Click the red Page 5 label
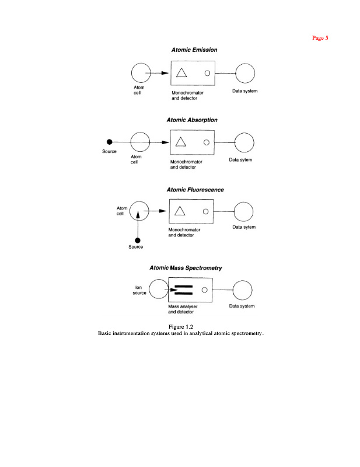[x=320, y=38]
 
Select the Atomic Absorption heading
[x=192, y=120]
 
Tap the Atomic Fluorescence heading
[x=195, y=190]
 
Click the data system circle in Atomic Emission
[x=245, y=74]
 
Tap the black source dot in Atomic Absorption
[x=109, y=142]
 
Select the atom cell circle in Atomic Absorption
[x=141, y=142]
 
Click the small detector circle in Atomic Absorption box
[x=206, y=142]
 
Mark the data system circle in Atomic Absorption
[x=243, y=142]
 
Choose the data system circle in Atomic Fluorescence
[x=243, y=211]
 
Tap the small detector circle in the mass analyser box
[x=204, y=289]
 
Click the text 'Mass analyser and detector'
[x=183, y=309]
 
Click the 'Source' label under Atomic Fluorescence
[x=135, y=247]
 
